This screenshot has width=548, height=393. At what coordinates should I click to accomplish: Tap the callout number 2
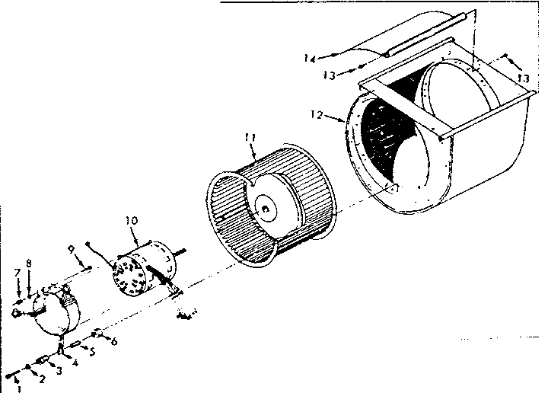point(43,379)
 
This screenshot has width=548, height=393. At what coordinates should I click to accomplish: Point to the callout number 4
point(75,363)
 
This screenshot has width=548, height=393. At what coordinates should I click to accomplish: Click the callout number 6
point(115,343)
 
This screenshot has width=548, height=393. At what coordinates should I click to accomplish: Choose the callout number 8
point(29,263)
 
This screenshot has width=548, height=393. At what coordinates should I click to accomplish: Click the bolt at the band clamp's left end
point(17,312)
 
